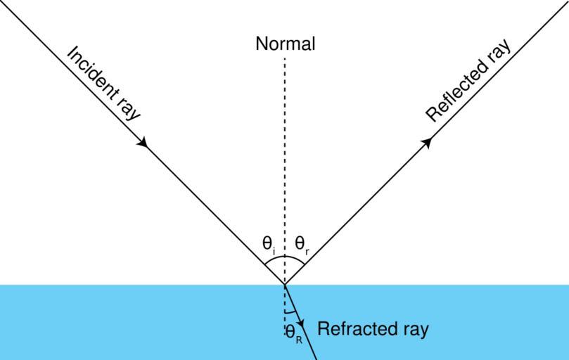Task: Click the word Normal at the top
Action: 285,44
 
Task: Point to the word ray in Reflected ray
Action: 497,52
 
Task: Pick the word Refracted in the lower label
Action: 354,329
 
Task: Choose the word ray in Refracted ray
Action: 413,330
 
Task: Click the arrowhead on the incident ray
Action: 143,142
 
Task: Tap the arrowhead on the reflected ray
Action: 426,142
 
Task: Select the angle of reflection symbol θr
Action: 301,245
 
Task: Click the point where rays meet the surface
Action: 285,284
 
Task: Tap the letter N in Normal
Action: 261,44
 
